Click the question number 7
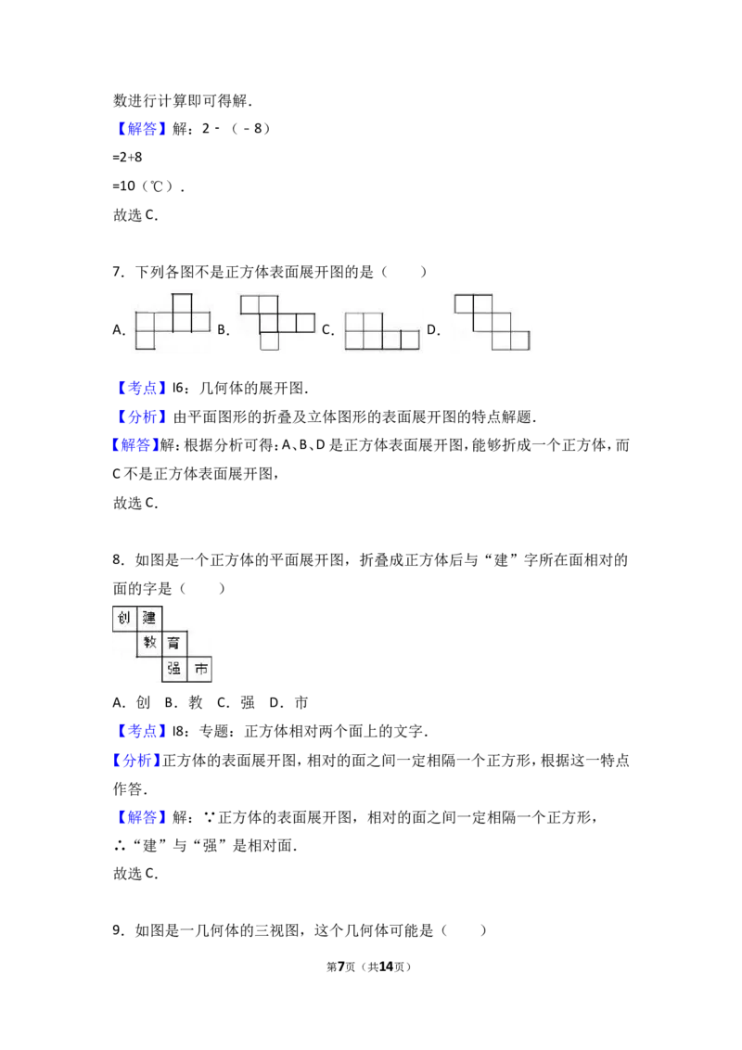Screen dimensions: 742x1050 [117, 272]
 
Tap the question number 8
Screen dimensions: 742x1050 [117, 560]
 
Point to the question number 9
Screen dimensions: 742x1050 [117, 930]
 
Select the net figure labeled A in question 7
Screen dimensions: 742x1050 [173, 321]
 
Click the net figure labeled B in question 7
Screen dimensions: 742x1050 [277, 322]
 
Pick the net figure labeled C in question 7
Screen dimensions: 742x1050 [382, 331]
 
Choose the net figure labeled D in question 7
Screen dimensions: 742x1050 [493, 322]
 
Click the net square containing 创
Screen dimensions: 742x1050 [124, 619]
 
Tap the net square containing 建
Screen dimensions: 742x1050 [149, 619]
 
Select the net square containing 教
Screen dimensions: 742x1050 [149, 644]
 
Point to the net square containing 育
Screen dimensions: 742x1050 [174, 644]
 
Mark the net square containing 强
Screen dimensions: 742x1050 [174, 669]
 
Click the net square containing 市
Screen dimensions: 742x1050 [199, 669]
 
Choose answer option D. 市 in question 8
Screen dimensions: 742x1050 [288, 702]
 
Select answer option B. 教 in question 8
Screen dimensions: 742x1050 [184, 702]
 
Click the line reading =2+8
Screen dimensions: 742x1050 [127, 158]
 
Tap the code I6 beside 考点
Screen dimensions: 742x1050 [178, 389]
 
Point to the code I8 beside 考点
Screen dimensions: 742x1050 [178, 731]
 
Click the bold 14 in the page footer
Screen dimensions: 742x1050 [387, 967]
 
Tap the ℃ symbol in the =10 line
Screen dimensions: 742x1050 [156, 186]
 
